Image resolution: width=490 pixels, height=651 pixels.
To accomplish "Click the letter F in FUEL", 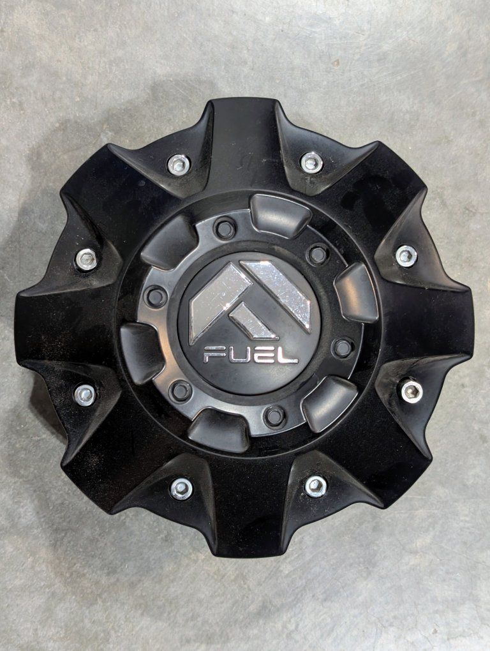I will (x=214, y=354).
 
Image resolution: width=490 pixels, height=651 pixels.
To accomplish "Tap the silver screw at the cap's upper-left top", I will (x=179, y=165).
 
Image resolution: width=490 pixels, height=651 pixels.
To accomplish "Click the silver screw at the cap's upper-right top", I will (x=311, y=162).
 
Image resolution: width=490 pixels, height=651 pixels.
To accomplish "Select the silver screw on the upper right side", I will (x=406, y=256).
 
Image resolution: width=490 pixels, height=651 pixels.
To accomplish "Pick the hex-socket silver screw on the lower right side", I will (x=411, y=390).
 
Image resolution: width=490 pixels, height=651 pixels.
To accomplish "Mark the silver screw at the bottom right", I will (x=315, y=486).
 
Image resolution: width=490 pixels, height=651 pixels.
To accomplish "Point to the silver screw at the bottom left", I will (x=181, y=488).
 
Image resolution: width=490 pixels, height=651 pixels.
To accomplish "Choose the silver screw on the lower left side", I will (x=84, y=395).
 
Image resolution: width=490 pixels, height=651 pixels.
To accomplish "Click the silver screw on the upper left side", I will (x=86, y=259).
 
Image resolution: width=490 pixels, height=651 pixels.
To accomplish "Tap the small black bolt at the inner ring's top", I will (x=225, y=228).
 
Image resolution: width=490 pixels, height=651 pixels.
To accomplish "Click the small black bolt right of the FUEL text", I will (x=343, y=348).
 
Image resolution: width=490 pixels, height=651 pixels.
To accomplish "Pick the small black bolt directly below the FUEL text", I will (x=275, y=416).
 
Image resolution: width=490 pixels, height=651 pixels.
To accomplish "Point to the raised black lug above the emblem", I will (x=279, y=214).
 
